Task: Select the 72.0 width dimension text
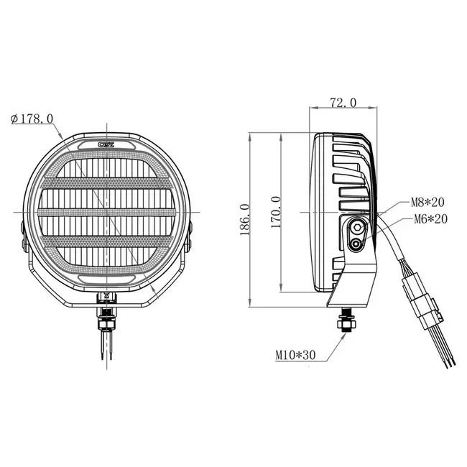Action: click(x=343, y=103)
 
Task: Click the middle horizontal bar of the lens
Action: click(x=106, y=212)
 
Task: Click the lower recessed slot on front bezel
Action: click(x=108, y=277)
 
